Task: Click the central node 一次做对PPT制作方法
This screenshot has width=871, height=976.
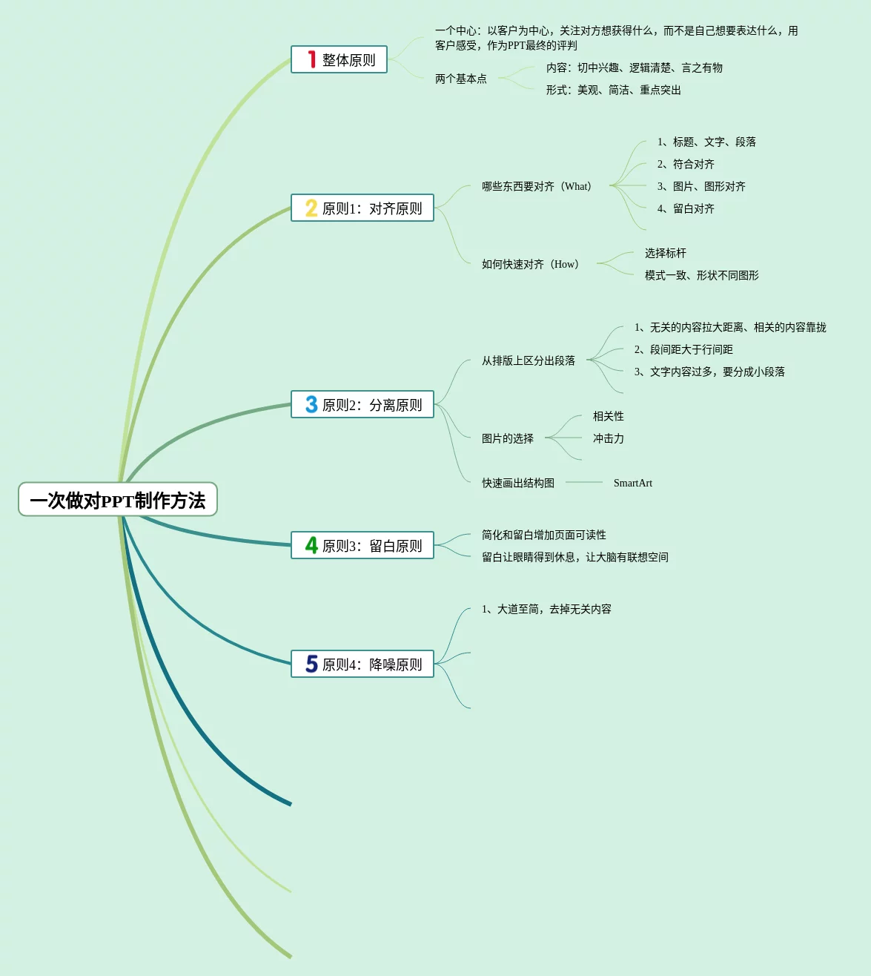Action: (117, 500)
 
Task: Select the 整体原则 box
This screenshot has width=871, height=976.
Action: (339, 60)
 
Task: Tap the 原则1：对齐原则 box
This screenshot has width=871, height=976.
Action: (362, 208)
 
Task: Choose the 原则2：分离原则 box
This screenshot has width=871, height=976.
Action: (362, 405)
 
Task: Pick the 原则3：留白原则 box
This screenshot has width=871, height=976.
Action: (362, 546)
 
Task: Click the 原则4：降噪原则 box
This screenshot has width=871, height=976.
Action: (362, 665)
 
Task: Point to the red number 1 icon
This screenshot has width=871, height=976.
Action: (312, 59)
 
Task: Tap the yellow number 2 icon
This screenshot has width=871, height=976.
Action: (311, 208)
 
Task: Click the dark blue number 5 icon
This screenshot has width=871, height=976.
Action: (311, 664)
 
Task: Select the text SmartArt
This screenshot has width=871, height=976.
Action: (632, 483)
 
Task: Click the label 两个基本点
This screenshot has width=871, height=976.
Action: (460, 79)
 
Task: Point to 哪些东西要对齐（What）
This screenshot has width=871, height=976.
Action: (536, 186)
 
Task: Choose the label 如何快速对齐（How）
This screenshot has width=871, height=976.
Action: (530, 264)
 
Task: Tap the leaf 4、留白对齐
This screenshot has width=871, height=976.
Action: (686, 208)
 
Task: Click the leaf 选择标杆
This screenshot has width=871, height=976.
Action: (665, 253)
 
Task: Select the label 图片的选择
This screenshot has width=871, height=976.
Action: (507, 438)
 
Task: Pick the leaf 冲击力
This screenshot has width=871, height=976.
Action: (608, 438)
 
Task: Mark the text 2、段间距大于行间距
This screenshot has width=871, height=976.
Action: (683, 349)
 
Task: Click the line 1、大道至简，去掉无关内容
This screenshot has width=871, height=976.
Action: (546, 609)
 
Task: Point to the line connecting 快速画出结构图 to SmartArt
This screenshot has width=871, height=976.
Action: (584, 483)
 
